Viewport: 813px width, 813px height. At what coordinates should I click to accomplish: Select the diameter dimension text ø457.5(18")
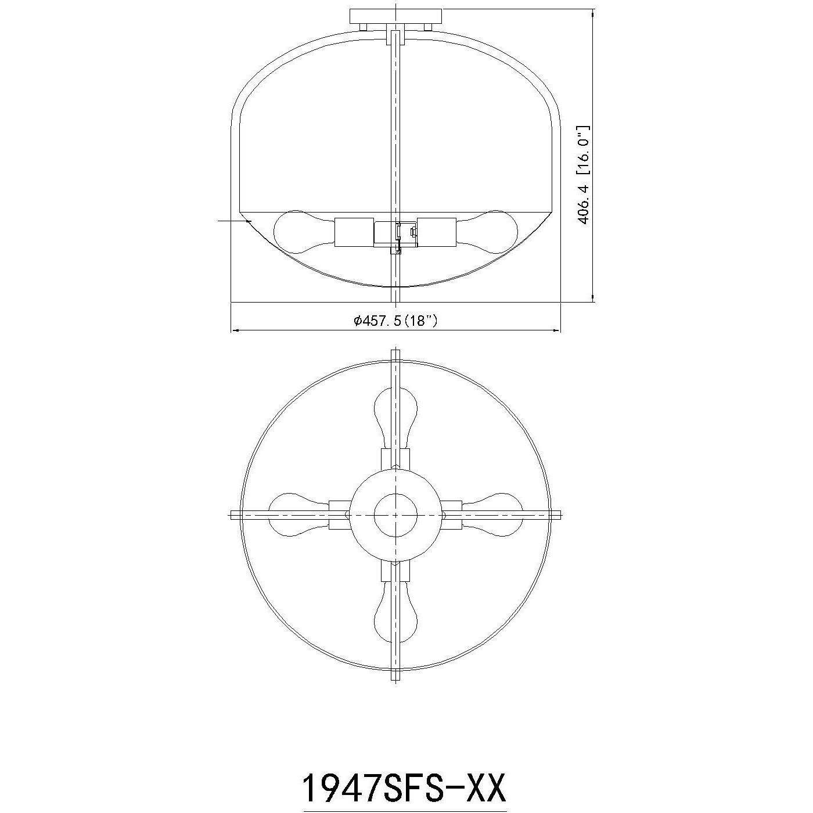tap(395, 321)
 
